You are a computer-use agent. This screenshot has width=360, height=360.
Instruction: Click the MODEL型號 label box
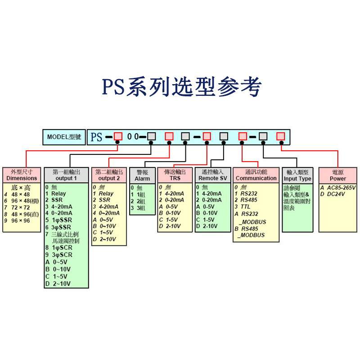click(64, 136)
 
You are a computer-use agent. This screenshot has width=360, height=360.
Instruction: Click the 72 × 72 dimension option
click(21, 207)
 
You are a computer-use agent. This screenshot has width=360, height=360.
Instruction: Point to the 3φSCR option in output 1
click(62, 255)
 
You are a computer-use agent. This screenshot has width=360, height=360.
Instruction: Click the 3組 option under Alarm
click(141, 208)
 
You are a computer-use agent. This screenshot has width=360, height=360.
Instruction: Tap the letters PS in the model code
click(96, 137)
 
